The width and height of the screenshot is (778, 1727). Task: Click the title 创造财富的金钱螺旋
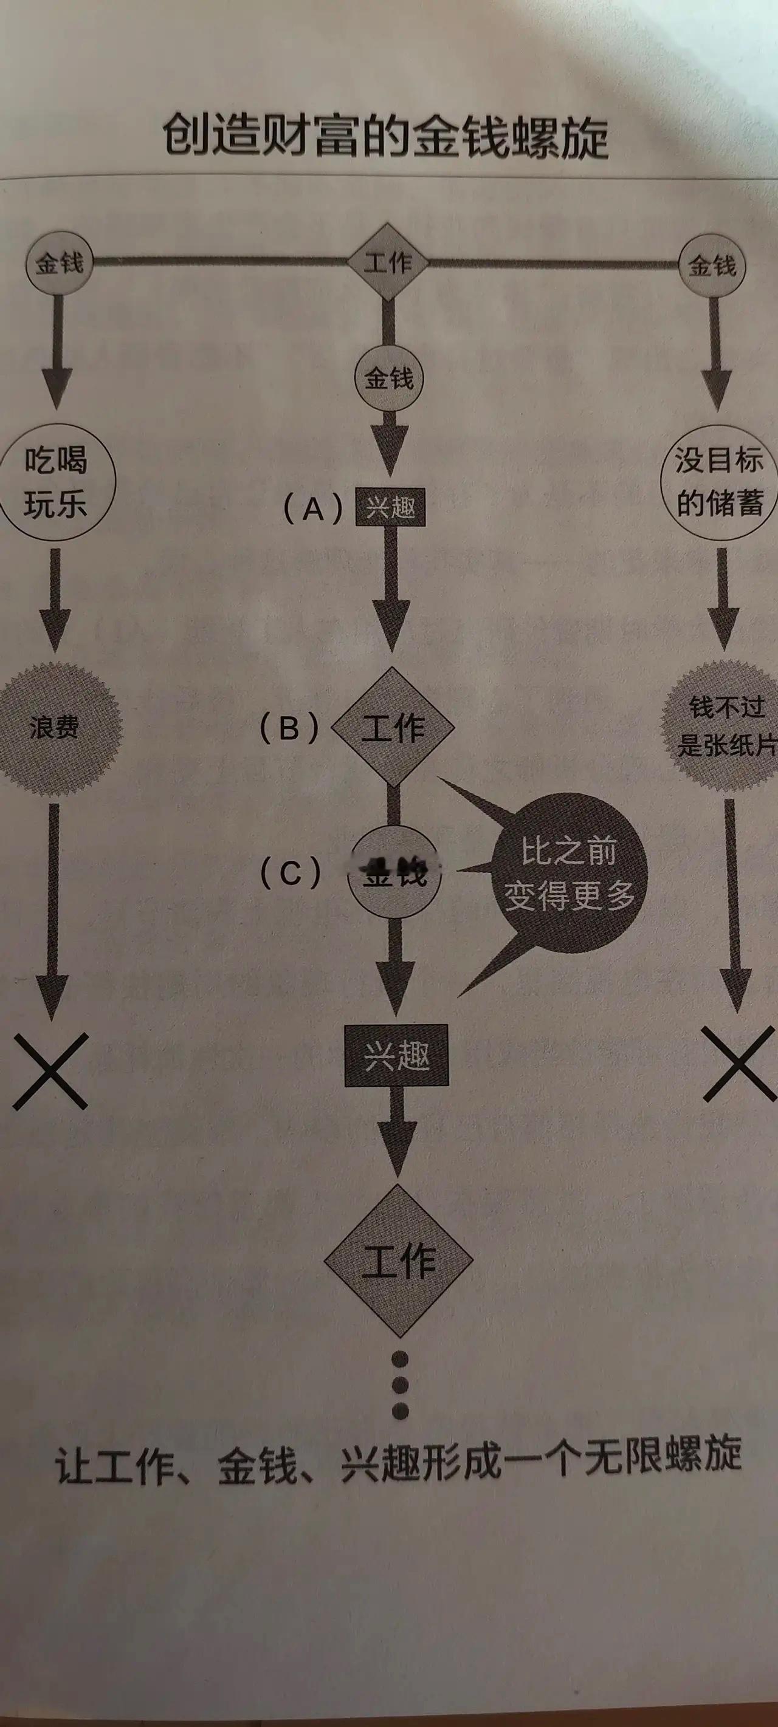pos(385,136)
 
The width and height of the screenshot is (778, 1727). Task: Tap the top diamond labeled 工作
pos(388,262)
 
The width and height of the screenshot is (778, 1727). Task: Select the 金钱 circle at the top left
pos(59,263)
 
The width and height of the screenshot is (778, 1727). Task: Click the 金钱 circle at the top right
pos(712,265)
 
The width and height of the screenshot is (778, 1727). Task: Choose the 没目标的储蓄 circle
pos(718,482)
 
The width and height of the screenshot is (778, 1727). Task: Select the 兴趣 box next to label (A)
pos(390,507)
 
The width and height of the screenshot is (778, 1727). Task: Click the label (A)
pos(312,509)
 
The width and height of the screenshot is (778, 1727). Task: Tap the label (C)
pos(291,874)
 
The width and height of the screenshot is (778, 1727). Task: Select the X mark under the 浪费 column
pos(51,1072)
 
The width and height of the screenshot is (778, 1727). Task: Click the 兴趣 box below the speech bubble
pos(396,1056)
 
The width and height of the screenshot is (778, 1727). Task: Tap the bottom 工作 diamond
pos(398,1260)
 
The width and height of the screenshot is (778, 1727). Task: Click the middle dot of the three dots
pos(400,1384)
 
